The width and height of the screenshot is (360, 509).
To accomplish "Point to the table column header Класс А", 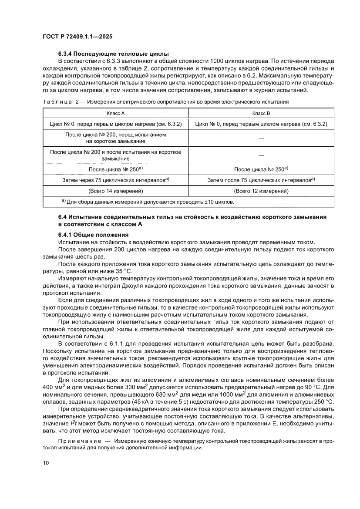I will [115, 113].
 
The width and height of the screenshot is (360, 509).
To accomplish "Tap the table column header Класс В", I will [261, 113].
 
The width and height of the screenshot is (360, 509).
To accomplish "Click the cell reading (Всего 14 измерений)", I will [116, 191].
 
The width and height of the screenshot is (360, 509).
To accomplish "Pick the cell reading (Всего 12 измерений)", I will [261, 191].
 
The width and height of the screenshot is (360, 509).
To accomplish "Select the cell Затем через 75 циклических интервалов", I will [116, 179].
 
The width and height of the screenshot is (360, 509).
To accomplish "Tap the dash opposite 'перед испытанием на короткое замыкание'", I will [261, 138].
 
